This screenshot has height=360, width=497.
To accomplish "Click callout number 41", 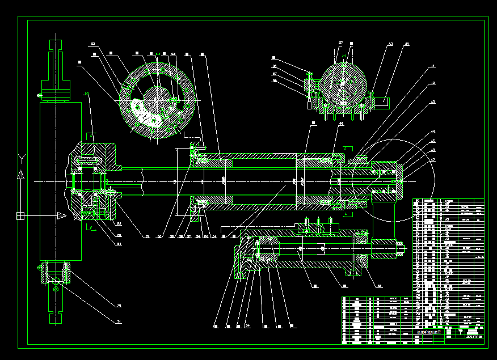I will point(432,66).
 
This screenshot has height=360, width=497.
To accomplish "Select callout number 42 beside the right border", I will point(432,83).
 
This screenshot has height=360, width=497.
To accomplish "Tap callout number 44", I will point(432,132).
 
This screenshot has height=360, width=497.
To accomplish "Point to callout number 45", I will point(432,141).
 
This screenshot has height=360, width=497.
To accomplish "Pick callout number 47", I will point(432,160).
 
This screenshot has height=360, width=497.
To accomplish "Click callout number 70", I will point(119,306).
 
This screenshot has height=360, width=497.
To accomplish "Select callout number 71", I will point(119,322).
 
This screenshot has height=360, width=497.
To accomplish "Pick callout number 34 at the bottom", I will point(247,326).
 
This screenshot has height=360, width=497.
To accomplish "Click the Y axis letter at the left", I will point(21,156).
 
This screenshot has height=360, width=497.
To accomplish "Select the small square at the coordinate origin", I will point(20,215).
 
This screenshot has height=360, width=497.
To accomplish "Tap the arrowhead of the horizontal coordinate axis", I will point(61,215).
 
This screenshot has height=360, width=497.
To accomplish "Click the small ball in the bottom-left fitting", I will point(56,289).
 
